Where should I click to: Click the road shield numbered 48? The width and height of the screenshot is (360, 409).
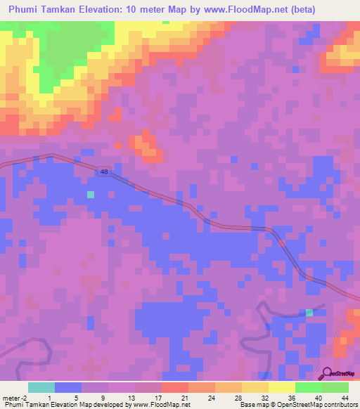(105, 172)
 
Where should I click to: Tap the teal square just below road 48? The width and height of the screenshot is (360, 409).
(89, 194)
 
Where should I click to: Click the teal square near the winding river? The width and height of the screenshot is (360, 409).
(309, 311)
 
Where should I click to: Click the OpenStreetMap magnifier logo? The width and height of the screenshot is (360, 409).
(327, 374)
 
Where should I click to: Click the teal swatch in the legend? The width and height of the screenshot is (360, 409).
(41, 387)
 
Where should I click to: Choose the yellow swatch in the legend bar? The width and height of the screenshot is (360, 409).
(281, 387)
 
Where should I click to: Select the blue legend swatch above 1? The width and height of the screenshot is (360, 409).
(67, 387)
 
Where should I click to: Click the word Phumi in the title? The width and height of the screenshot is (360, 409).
(25, 10)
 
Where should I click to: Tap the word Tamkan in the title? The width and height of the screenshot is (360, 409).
(65, 10)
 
